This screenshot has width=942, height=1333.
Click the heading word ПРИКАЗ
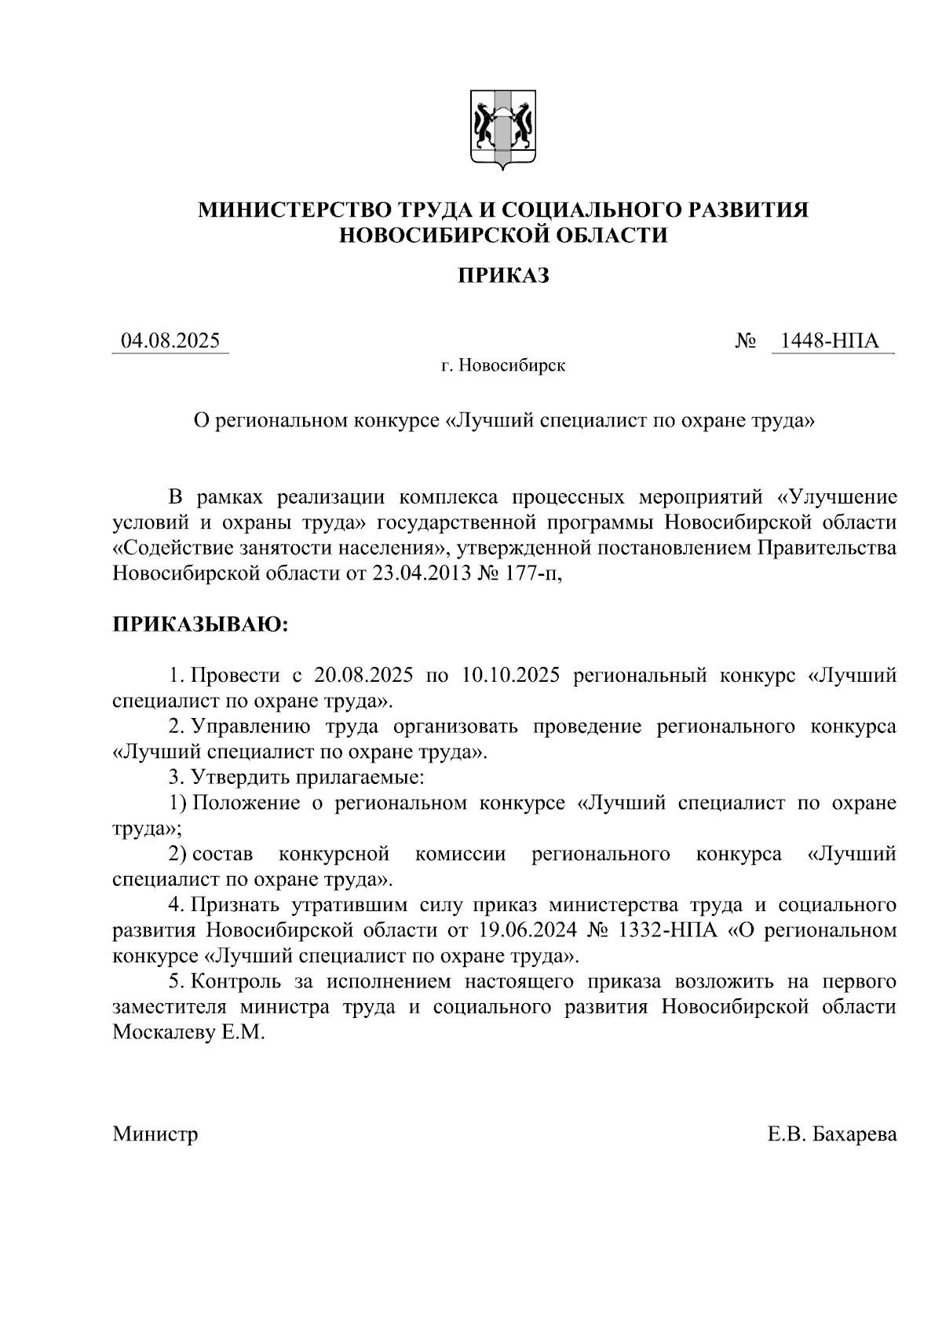point(502,276)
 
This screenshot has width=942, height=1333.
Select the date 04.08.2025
point(170,342)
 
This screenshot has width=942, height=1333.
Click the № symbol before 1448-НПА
point(747,342)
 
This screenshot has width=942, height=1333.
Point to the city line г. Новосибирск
point(502,366)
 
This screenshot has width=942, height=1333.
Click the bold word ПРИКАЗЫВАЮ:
point(200,625)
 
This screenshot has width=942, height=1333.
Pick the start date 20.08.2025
point(359,676)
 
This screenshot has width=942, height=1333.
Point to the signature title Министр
point(155,1134)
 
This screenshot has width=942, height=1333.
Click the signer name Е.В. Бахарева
point(832,1134)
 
